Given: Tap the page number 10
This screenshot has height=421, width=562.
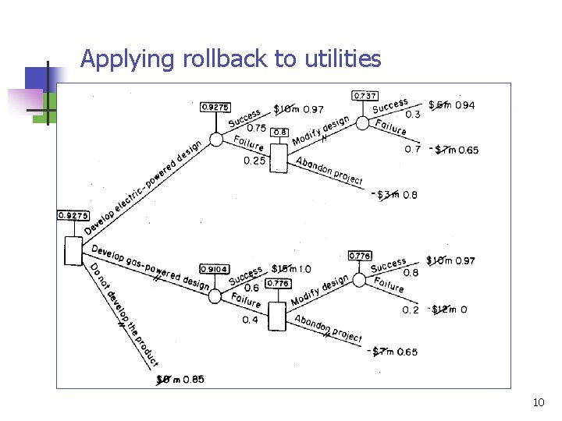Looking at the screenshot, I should [539, 402].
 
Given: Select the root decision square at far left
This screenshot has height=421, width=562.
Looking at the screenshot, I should [73, 250].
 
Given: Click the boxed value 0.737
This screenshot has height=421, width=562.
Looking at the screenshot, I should [365, 95].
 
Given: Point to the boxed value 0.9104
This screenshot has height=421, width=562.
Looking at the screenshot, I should [215, 269].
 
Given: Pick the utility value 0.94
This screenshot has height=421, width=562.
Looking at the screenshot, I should [464, 105].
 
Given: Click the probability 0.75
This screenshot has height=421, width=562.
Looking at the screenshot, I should [255, 128].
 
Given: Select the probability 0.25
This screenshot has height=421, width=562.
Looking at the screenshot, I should [254, 161].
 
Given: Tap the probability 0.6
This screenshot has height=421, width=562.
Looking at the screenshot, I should [252, 288].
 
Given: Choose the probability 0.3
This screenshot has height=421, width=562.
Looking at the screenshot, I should [413, 115].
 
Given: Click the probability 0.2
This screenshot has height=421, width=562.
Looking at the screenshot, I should [411, 310].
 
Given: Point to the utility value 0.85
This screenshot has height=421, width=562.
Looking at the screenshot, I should [194, 380].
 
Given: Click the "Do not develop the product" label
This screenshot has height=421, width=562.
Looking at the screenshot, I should [123, 316].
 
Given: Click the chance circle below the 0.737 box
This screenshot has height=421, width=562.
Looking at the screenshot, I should [363, 122].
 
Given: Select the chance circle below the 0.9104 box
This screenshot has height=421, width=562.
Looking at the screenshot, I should [215, 297].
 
